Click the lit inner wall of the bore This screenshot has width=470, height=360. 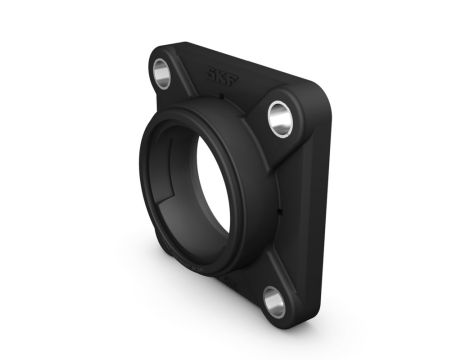click(215, 190)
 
